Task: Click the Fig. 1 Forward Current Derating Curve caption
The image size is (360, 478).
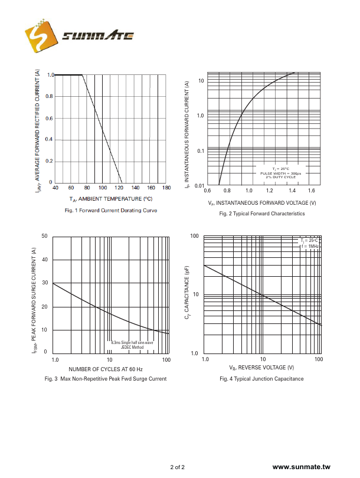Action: click(111, 210)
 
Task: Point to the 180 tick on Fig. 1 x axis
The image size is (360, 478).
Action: click(166, 188)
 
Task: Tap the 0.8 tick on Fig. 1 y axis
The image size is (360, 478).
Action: click(50, 96)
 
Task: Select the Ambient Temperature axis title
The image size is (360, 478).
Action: click(111, 199)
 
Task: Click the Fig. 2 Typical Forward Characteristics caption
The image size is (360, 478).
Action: click(262, 213)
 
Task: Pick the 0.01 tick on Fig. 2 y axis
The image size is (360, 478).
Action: click(199, 186)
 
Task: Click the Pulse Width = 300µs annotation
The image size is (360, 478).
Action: click(281, 173)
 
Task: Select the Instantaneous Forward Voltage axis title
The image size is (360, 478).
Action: click(262, 202)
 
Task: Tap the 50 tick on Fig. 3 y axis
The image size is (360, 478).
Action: click(44, 236)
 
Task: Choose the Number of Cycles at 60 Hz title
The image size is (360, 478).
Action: click(110, 369)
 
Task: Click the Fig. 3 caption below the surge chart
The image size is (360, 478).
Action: click(106, 379)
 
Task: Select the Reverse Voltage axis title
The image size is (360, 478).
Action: click(263, 368)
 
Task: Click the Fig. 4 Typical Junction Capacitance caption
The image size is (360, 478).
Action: click(262, 379)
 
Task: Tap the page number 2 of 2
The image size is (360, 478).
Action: click(178, 467)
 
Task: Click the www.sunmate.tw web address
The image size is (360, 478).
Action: click(302, 467)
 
